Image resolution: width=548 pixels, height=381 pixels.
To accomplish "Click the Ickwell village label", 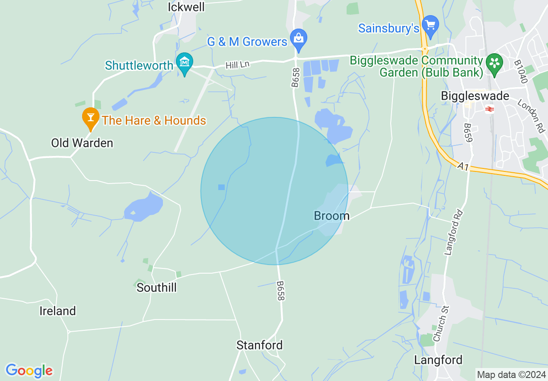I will [x=186, y=7].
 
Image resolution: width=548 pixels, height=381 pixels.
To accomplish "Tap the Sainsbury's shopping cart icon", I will [x=430, y=25].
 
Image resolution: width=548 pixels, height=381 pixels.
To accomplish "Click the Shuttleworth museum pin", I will [x=185, y=63].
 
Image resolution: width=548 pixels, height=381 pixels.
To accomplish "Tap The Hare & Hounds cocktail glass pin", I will [x=90, y=117].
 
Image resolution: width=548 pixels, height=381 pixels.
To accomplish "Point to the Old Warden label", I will [x=82, y=143].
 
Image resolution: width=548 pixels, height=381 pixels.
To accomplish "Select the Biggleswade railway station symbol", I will [x=490, y=109].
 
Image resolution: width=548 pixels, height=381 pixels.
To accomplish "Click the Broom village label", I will [x=331, y=215].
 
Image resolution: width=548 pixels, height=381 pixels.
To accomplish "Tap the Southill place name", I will [x=156, y=287].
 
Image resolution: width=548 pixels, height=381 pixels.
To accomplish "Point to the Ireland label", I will [x=57, y=311].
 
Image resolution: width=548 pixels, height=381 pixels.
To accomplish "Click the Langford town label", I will [x=438, y=360].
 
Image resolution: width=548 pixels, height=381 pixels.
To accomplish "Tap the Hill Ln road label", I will [x=237, y=65].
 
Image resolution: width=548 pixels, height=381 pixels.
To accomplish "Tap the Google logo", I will [x=29, y=371].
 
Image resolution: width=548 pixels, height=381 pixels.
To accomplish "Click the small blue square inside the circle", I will [x=221, y=187].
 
